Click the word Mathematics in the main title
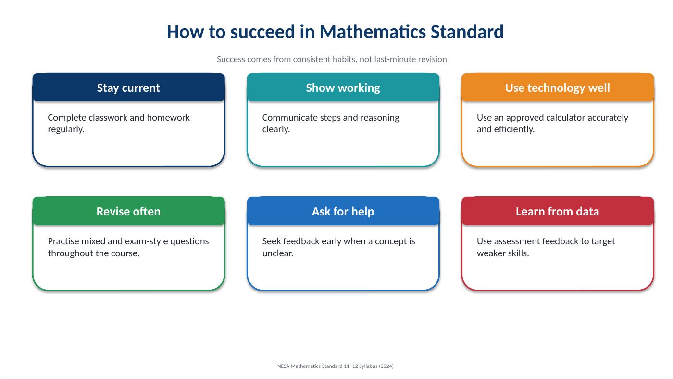tap(373, 32)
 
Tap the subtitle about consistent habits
tap(332, 59)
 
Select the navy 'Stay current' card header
tap(129, 87)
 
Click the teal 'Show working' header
tap(343, 87)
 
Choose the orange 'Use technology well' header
tap(558, 87)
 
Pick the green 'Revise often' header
tap(129, 211)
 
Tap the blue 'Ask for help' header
tap(343, 211)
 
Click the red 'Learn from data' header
tap(558, 211)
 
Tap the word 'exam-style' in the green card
tap(146, 241)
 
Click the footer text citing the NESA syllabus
tap(336, 366)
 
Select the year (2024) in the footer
tap(386, 366)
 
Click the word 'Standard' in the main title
tap(467, 32)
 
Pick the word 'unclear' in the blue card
tap(276, 253)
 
